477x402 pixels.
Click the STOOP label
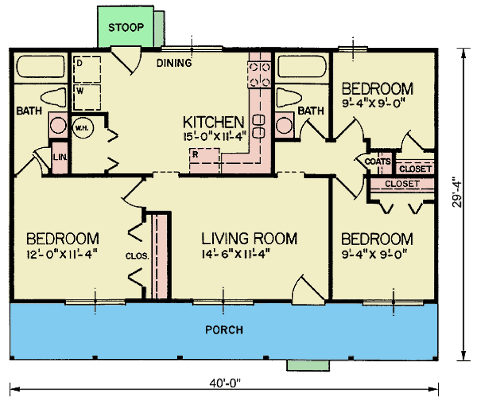[126, 27]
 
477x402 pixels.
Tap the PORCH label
[224, 330]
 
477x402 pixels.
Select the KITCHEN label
[213, 122]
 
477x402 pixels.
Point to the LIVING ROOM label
[250, 238]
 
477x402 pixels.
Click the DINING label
[174, 63]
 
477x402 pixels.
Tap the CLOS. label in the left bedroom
[137, 255]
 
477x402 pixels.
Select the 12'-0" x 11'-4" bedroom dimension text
[62, 253]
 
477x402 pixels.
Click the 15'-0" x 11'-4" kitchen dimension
[214, 136]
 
